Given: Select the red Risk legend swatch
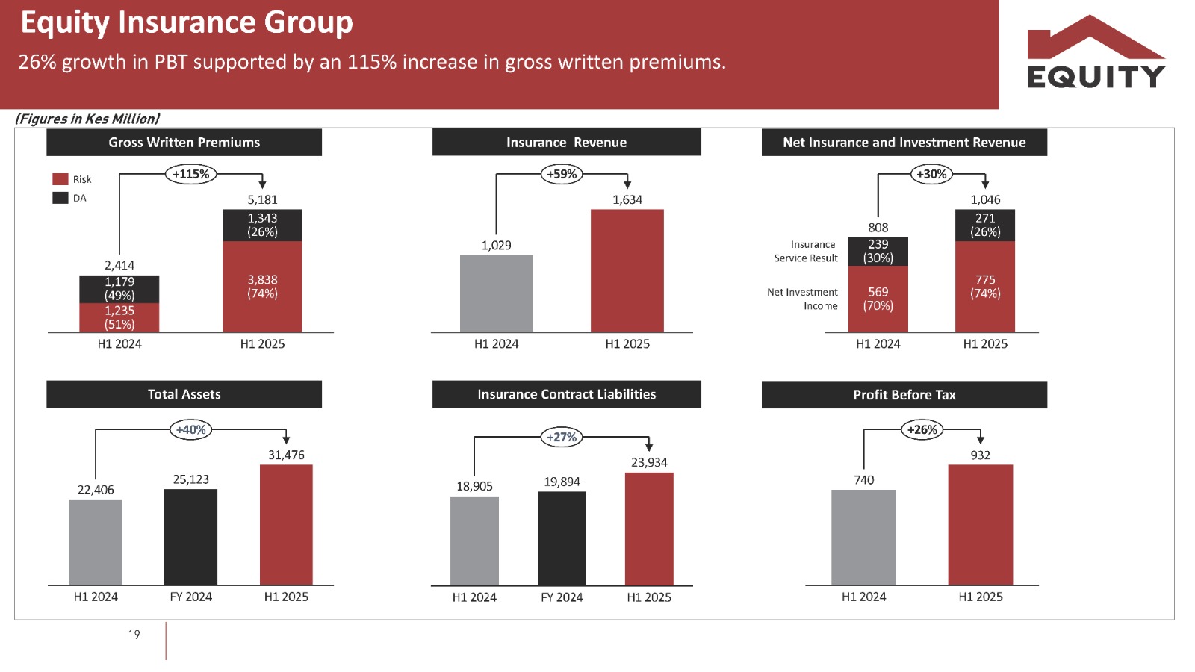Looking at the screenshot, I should click(x=60, y=179).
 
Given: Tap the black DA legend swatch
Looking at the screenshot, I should click(x=60, y=198).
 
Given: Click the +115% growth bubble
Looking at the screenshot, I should click(x=191, y=174).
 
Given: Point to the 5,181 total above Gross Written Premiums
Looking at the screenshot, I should click(x=262, y=199).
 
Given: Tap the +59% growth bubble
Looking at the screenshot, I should click(x=562, y=174).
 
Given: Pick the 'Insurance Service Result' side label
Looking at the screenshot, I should click(x=806, y=251).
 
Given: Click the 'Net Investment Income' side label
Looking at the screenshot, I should click(x=803, y=299).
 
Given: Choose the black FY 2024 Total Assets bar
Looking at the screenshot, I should click(x=190, y=537).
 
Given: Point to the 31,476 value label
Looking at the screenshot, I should click(x=286, y=455).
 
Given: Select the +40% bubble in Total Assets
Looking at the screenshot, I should click(x=191, y=429).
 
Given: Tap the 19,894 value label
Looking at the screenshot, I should click(x=562, y=482).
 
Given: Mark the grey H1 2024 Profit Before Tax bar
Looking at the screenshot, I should click(x=863, y=537).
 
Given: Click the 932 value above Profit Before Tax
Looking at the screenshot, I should click(x=980, y=455).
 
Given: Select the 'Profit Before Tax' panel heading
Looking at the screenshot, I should click(x=904, y=395).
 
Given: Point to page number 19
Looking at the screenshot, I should click(x=134, y=635).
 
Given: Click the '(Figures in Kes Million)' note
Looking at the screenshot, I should click(x=87, y=119).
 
